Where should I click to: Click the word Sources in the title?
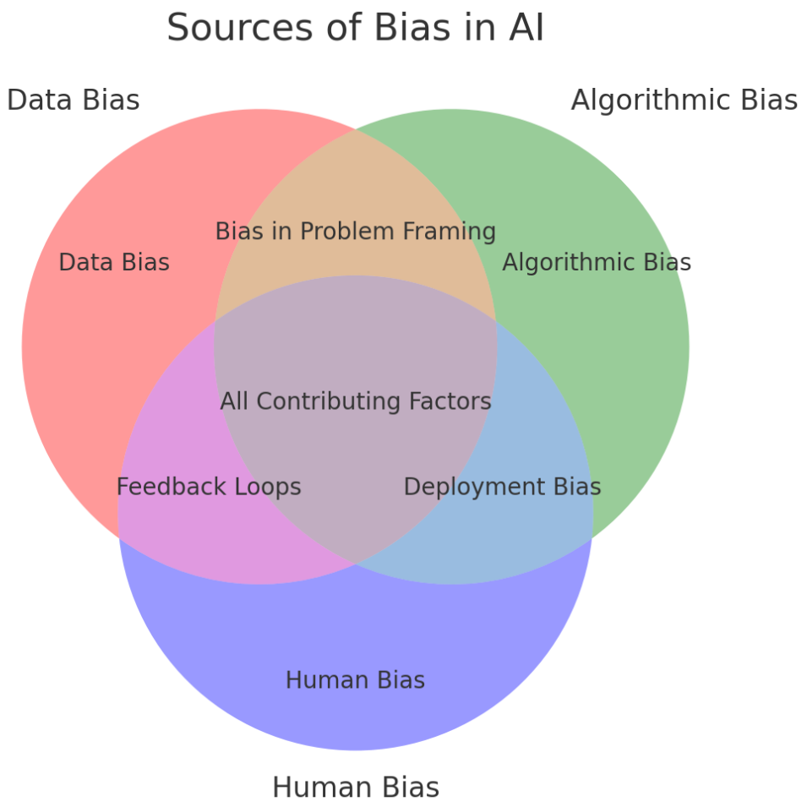pyautogui.click(x=240, y=28)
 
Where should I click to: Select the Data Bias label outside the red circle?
pyautogui.click(x=73, y=100)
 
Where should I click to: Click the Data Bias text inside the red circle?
pyautogui.click(x=114, y=263)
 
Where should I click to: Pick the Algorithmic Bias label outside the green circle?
pyautogui.click(x=684, y=100)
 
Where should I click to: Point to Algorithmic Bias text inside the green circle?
pyautogui.click(x=597, y=263)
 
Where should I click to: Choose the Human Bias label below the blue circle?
pyautogui.click(x=356, y=788)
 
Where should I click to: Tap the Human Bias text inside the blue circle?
pyautogui.click(x=356, y=680)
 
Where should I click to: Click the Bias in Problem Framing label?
pyautogui.click(x=356, y=231)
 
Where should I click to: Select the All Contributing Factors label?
pyautogui.click(x=356, y=401)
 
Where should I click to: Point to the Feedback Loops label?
pyautogui.click(x=209, y=487)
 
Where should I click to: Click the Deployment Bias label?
pyautogui.click(x=502, y=487)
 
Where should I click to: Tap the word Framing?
pyautogui.click(x=450, y=231)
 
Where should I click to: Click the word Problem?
pyautogui.click(x=347, y=231)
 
